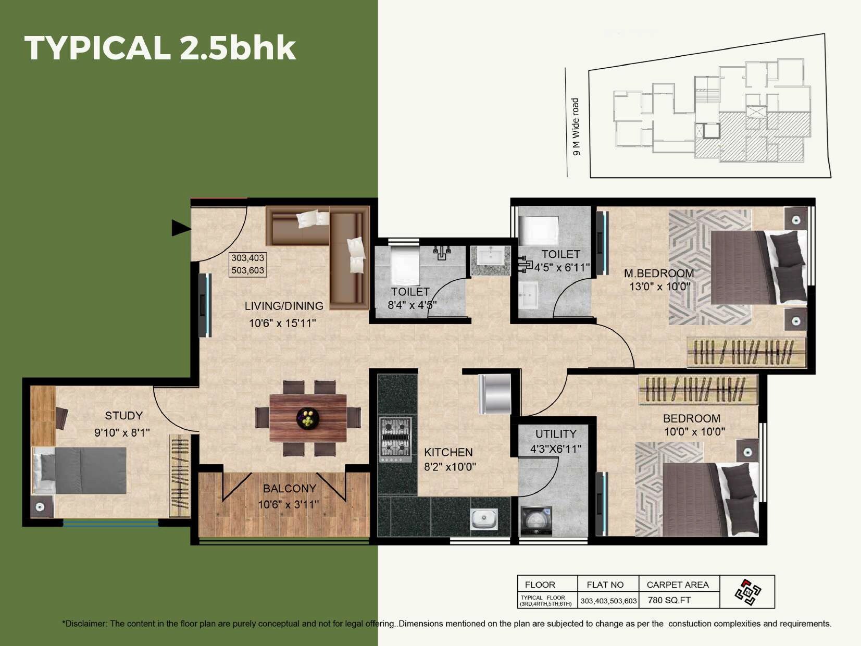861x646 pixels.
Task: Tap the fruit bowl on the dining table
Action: tap(308, 418)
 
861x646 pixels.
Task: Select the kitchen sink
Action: tap(483, 518)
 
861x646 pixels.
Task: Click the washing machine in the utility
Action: tap(536, 520)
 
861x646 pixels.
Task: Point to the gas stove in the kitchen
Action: tap(395, 440)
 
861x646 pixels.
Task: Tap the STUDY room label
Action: tap(123, 416)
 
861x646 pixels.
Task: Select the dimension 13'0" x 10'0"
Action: tap(659, 287)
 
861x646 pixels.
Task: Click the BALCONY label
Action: tap(290, 489)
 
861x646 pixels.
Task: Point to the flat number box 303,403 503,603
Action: tap(248, 264)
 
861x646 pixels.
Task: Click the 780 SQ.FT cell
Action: tap(669, 600)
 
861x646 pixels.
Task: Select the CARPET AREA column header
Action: tap(677, 585)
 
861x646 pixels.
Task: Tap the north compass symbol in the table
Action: tap(748, 592)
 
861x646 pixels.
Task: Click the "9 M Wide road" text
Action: tap(576, 127)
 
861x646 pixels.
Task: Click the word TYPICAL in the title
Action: tap(97, 48)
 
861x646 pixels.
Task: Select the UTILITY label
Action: tap(556, 434)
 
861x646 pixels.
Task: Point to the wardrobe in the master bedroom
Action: tap(746, 353)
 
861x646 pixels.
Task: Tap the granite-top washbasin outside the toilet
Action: tap(490, 260)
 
